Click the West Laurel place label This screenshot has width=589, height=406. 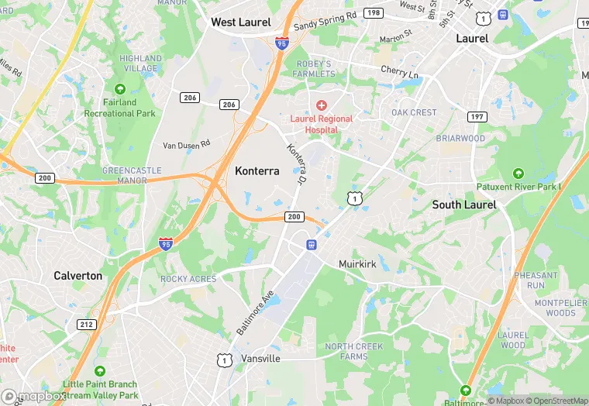241,22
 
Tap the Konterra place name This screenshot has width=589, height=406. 257,171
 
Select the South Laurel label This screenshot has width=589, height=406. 464,205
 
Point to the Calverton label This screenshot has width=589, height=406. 77,276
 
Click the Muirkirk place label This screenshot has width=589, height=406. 357,264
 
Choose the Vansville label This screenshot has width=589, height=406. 260,360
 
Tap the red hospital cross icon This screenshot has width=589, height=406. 321,105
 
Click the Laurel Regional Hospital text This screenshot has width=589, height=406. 322,124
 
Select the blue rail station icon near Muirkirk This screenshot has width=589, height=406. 312,245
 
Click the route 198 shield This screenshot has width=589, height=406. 374,13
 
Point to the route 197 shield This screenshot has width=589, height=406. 477,116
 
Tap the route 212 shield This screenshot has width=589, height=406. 85,324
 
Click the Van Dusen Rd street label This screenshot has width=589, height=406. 186,145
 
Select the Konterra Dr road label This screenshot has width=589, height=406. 294,164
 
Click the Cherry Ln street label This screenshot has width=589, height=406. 399,72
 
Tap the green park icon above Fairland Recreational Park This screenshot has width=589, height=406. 119,89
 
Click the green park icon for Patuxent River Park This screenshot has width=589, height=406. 518,174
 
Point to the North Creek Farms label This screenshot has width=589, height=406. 354,351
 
